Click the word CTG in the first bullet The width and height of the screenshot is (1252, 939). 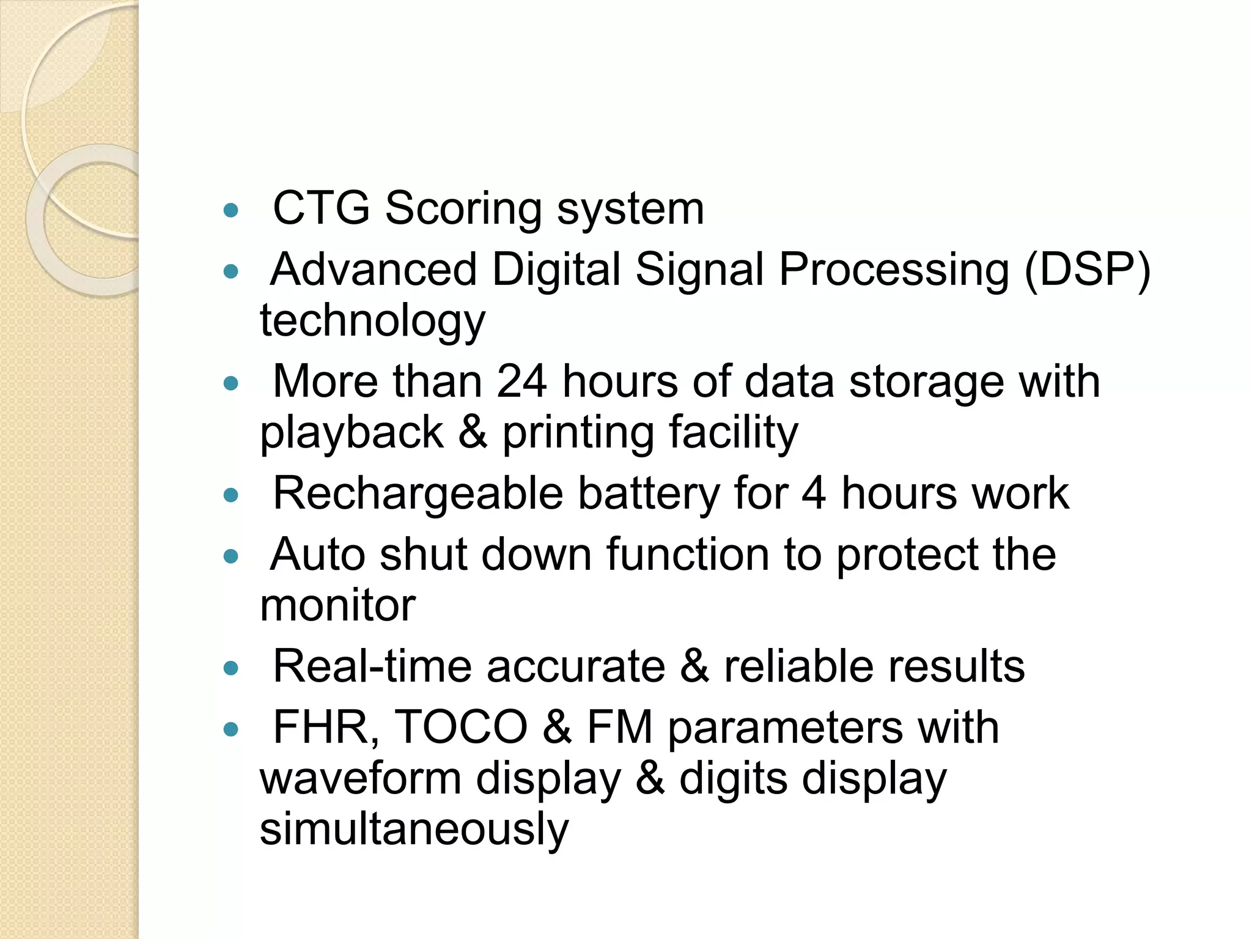click(x=321, y=209)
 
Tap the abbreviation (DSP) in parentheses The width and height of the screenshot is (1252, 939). click(x=1088, y=270)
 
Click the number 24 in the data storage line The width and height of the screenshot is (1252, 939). click(x=521, y=382)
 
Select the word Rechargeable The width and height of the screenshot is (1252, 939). click(x=418, y=493)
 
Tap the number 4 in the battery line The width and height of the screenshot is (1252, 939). click(x=814, y=493)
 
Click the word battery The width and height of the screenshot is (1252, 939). click(x=649, y=495)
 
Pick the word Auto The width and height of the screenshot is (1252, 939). click(x=317, y=554)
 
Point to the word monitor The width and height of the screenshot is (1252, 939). click(x=337, y=606)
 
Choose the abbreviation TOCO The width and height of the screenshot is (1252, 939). click(x=461, y=728)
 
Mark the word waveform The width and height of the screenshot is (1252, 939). click(x=360, y=779)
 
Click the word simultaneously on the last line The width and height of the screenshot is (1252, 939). click(x=414, y=830)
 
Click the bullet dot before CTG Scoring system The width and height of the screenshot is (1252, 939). click(x=230, y=211)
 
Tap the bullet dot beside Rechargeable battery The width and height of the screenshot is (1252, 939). click(x=230, y=495)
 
